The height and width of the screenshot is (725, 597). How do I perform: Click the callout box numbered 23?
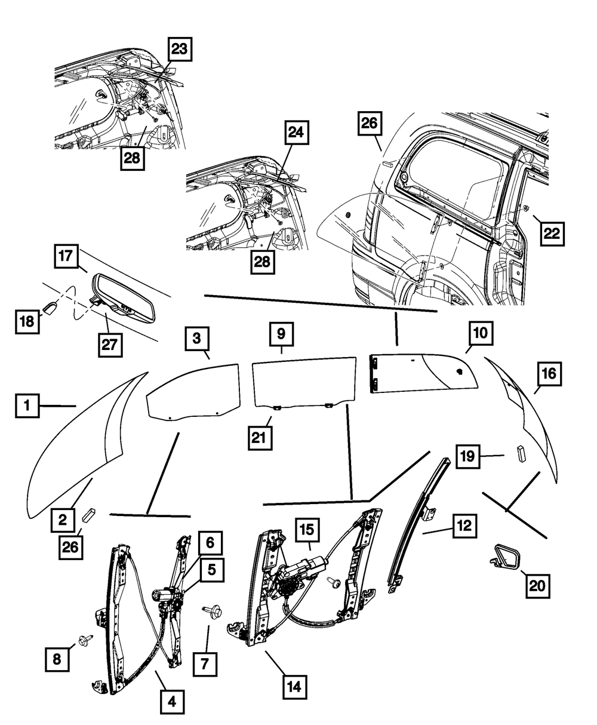point(179,50)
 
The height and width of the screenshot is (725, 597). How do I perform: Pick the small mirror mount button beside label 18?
point(51,310)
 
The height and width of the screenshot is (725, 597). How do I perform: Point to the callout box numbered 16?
point(549,374)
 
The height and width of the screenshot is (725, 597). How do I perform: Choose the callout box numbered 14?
point(296,687)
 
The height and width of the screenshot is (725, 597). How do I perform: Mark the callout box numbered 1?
point(27,407)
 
